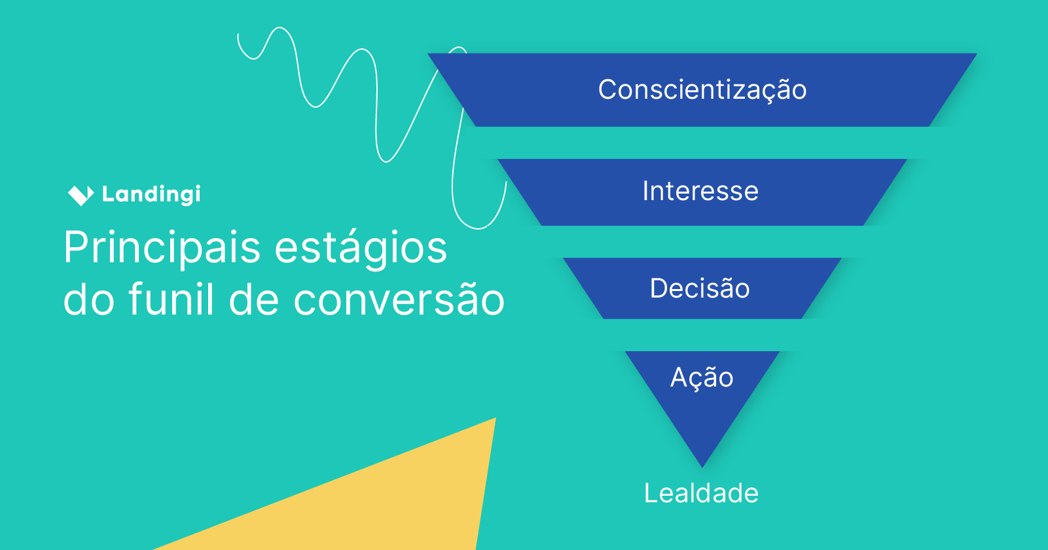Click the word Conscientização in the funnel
[702, 90]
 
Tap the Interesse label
[700, 192]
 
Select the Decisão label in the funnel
[700, 288]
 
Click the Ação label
[702, 378]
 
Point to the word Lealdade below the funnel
[701, 493]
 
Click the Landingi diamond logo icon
[81, 194]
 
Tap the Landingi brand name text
[151, 194]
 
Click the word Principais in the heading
[162, 249]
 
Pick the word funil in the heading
[171, 300]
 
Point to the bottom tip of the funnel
[702, 464]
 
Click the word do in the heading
[89, 300]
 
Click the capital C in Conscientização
[608, 90]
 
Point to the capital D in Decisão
[658, 288]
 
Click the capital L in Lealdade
[651, 493]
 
